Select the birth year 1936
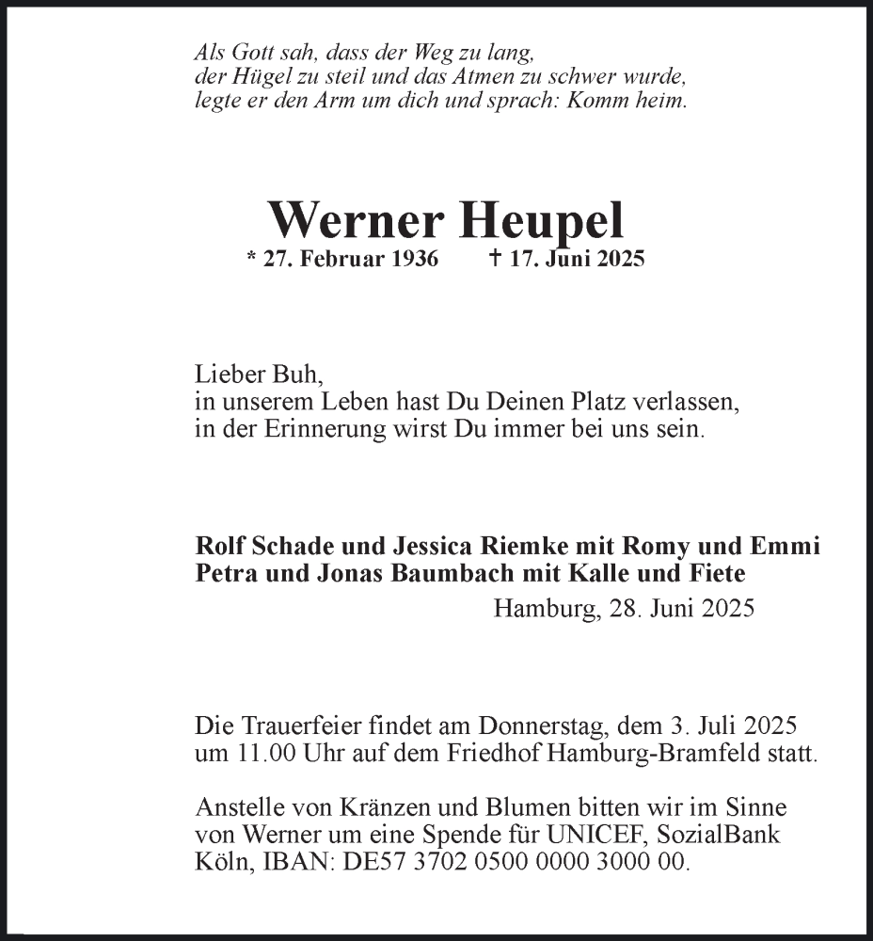411,261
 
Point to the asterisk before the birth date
250,258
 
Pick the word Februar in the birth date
340,261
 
